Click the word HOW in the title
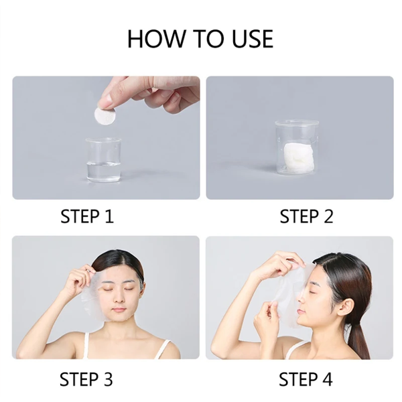click(156, 39)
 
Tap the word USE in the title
click(253, 39)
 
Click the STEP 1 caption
click(87, 216)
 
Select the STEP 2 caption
click(306, 216)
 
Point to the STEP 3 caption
click(86, 379)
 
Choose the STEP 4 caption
click(306, 379)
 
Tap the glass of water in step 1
click(103, 160)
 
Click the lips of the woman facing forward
click(119, 310)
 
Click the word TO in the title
click(208, 39)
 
